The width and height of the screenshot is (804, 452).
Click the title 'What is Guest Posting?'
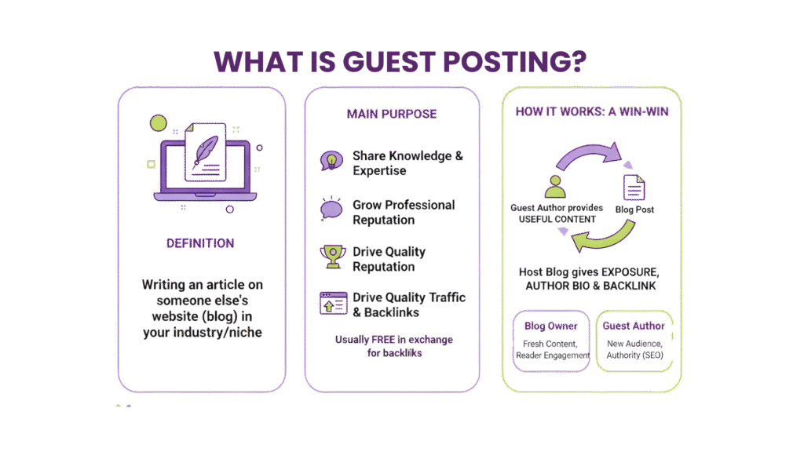(x=401, y=61)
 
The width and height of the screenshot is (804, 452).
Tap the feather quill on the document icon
(x=206, y=149)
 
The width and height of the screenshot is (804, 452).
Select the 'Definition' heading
(x=199, y=243)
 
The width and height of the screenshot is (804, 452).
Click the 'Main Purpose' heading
(x=392, y=115)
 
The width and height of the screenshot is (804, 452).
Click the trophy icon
(x=331, y=256)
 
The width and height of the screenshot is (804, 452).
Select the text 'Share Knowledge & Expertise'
(x=407, y=163)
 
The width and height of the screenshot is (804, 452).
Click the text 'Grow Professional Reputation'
(x=403, y=212)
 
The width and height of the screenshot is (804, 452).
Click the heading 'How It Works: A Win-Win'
(x=592, y=111)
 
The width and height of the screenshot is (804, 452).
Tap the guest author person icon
(x=555, y=185)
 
